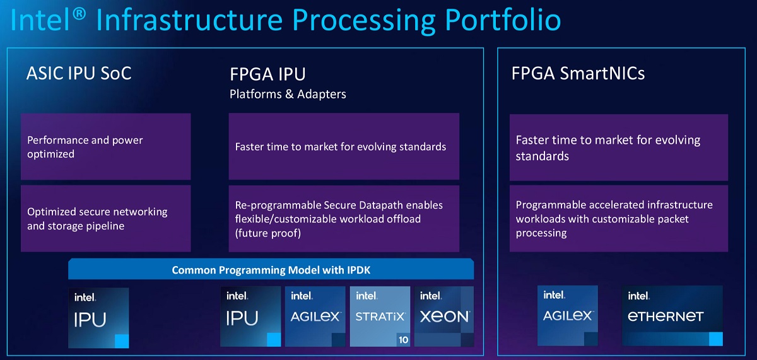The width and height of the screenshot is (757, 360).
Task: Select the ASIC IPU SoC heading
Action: (79, 73)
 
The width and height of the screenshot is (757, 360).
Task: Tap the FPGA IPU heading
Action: (267, 74)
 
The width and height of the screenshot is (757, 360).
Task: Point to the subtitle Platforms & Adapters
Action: (288, 95)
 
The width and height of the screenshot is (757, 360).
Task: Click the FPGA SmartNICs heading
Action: (578, 73)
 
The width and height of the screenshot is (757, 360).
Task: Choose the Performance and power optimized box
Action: (105, 147)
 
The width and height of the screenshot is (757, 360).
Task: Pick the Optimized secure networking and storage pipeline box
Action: (105, 218)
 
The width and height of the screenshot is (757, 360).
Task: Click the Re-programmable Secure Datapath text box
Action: (344, 218)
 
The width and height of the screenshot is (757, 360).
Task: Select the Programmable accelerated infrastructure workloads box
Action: (618, 218)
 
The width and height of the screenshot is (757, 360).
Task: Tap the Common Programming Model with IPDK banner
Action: (271, 270)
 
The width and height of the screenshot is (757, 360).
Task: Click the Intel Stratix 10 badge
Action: (380, 316)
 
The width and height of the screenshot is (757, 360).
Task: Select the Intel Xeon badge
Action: (444, 316)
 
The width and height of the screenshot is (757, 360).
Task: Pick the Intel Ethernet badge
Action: (672, 315)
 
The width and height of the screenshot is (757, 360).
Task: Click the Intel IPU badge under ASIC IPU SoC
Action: (98, 317)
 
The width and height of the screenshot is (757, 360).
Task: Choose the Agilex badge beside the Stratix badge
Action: (315, 316)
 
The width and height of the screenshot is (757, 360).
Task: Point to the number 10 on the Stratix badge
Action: (402, 340)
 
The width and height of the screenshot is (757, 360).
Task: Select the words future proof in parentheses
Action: (268, 233)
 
